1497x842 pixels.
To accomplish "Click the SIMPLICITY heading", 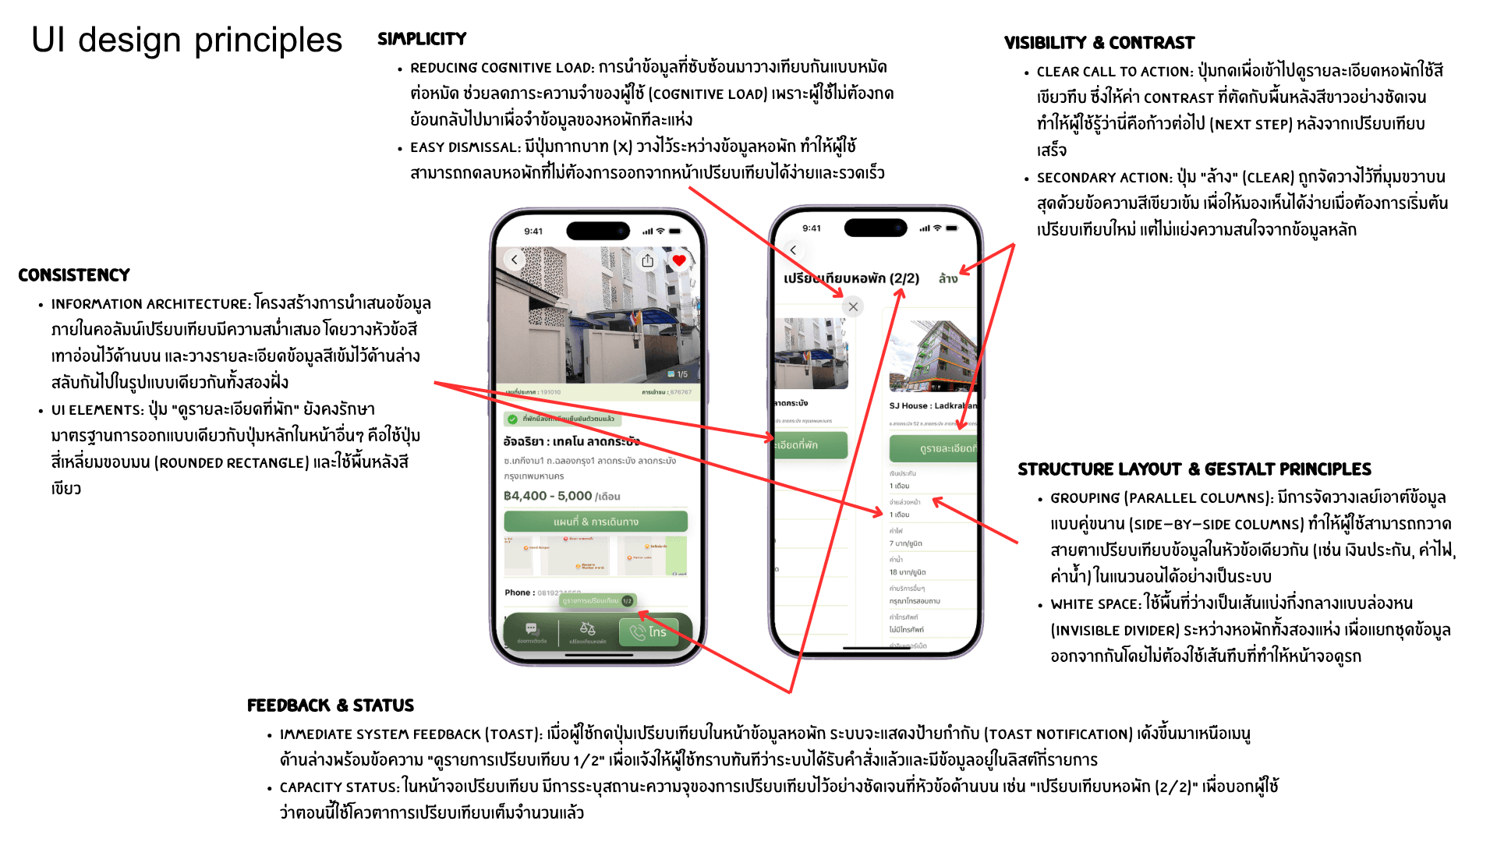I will pos(422,39).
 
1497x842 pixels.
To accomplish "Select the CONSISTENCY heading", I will pos(74,275).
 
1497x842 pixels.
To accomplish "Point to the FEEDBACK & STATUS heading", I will pos(330,706).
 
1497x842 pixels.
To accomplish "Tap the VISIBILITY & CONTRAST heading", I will pos(1099,43).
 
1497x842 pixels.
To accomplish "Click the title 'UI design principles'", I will pos(186,40).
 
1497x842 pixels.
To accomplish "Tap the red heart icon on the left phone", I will pos(679,260).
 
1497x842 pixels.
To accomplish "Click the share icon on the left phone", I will pos(648,260).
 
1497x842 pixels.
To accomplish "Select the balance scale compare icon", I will pos(588,629).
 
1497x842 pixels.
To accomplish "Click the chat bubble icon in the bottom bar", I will pos(532,629).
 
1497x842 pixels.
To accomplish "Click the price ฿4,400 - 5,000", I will pos(547,496).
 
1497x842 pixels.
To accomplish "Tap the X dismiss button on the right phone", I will pos(853,306).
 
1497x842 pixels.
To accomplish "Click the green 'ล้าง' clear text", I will pos(948,278).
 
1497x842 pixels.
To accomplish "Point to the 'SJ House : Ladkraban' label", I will pos(933,405).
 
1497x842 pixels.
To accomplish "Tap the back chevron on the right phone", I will pos(793,250).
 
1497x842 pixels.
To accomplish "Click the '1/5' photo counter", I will pos(678,374).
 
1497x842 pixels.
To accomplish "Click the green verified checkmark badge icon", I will pos(512,419).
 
